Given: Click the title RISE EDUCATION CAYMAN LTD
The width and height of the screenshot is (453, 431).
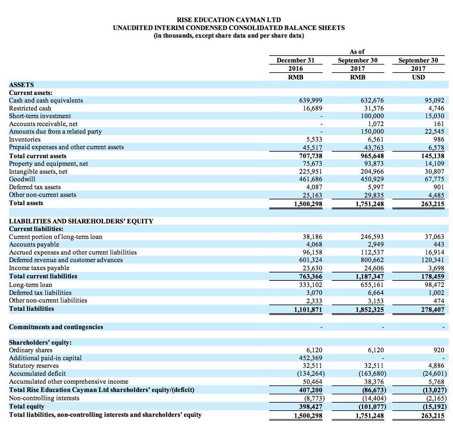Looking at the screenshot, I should click(229, 20).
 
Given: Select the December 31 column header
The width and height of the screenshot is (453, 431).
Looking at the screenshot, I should click(295, 60).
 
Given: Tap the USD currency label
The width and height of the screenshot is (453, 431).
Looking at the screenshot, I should click(418, 77).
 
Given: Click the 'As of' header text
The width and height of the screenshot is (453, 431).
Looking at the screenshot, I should click(357, 52).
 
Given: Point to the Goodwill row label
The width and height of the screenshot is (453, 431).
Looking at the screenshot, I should click(22, 179).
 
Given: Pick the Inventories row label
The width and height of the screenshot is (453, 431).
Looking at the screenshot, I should click(25, 140).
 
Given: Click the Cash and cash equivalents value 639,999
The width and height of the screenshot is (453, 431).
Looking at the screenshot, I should click(311, 100).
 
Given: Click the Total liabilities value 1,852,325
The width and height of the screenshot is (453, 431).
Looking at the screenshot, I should click(370, 309).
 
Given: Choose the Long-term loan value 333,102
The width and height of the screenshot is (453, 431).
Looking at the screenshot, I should click(311, 285).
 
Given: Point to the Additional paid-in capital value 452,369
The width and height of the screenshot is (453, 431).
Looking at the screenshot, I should click(311, 358).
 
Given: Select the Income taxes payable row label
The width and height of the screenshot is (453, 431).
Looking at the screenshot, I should click(39, 268).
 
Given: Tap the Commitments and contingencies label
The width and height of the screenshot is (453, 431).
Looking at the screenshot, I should click(56, 327).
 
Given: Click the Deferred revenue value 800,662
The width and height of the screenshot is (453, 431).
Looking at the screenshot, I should click(372, 260).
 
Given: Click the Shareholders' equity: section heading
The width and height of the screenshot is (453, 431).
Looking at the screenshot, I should click(40, 343).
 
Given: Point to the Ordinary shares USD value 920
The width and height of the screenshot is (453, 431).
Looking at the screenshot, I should click(439, 350).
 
